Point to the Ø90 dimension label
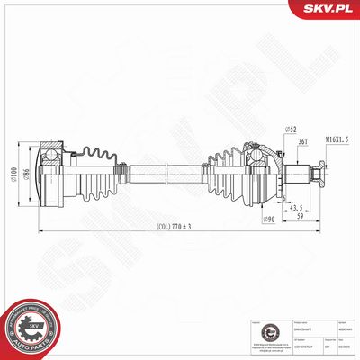pyautogui.click(x=268, y=220)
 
